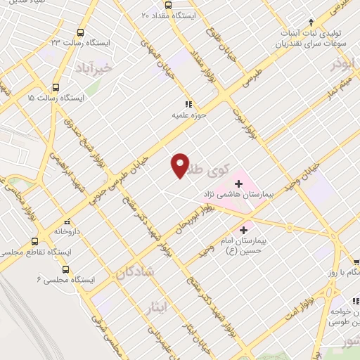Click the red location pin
click(180, 165)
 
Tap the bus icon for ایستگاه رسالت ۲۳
click(80, 32)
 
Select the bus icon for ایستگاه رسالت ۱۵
click(56, 88)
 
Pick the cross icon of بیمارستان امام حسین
click(244, 229)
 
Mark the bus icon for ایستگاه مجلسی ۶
click(65, 269)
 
